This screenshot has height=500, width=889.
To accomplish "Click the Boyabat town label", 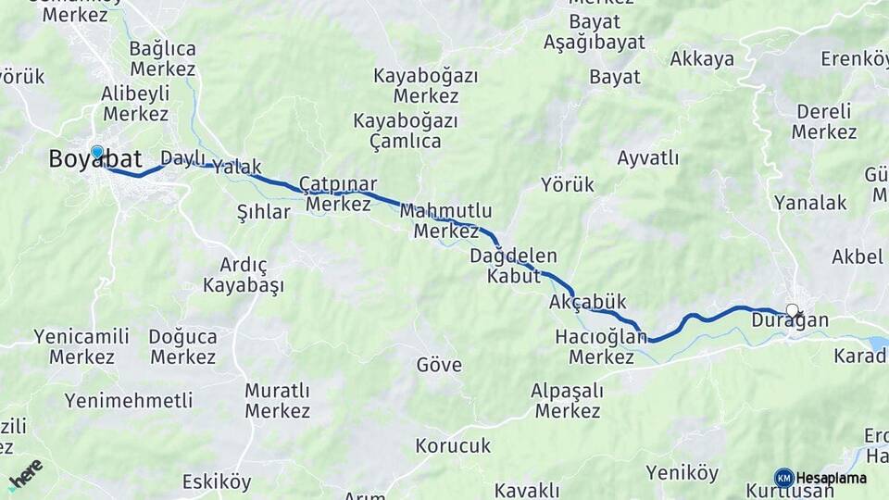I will click(x=95, y=160).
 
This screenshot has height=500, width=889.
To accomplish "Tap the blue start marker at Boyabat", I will click(x=97, y=152).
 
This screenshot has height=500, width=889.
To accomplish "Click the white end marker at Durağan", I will click(x=792, y=310).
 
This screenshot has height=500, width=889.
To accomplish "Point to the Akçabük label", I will click(x=588, y=303).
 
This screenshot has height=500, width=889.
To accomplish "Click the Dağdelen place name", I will click(x=513, y=256).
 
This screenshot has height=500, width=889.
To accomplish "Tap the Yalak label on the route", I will click(x=231, y=168).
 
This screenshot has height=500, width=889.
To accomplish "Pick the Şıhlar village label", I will click(x=264, y=212).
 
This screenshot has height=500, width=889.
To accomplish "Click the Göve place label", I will click(x=439, y=365).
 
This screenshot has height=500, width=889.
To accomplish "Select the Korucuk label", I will click(x=453, y=445).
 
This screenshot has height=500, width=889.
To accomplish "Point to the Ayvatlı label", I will click(x=648, y=157).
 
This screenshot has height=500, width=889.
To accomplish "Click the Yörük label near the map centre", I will click(x=568, y=185).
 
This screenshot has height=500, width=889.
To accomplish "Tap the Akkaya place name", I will click(x=702, y=59).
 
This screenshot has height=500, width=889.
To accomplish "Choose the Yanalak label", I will click(x=810, y=203).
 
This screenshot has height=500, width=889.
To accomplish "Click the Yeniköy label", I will click(x=682, y=473).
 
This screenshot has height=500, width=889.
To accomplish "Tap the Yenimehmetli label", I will click(x=129, y=401).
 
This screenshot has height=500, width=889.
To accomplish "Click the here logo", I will click(x=26, y=475).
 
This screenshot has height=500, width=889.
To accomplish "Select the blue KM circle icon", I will click(x=783, y=478).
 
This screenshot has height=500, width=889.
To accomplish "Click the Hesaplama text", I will click(x=832, y=479).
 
